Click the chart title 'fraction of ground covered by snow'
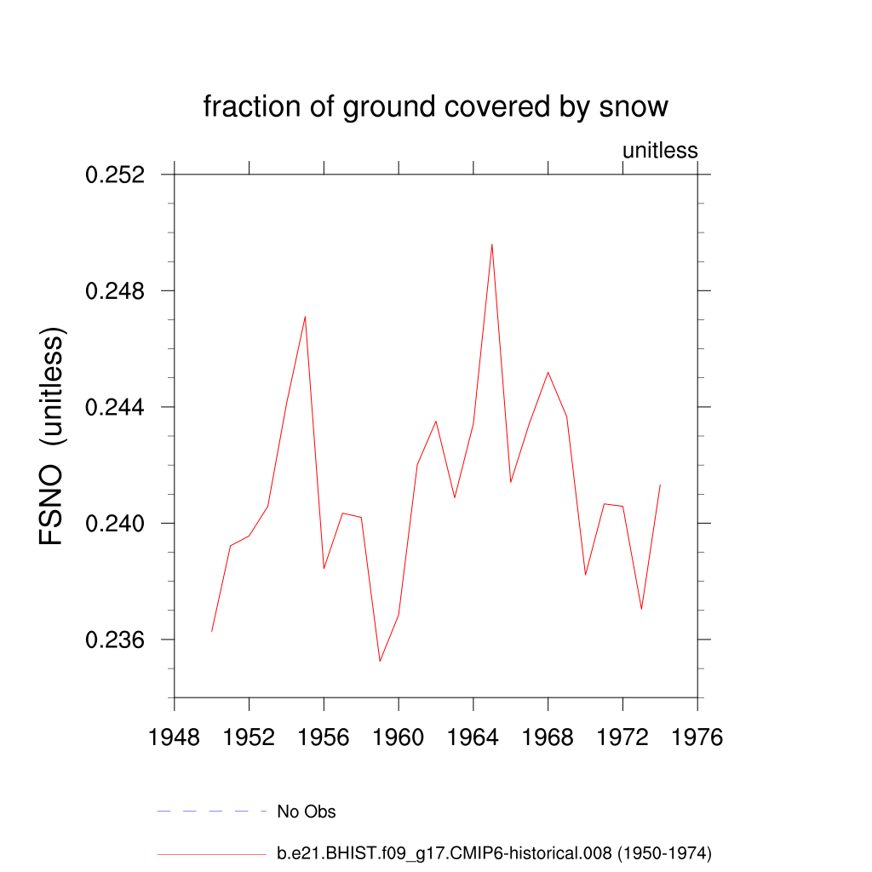tap(435, 107)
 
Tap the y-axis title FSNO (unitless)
tap(52, 437)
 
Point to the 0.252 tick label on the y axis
tap(115, 175)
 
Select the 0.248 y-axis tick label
tap(115, 291)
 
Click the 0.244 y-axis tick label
tap(115, 407)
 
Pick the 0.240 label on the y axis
tap(115, 524)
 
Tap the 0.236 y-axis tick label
tap(115, 640)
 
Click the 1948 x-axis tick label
tap(175, 737)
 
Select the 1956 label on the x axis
tap(324, 737)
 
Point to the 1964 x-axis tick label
tap(473, 737)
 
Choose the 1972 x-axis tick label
tap(622, 737)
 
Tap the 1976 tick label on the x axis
tap(697, 737)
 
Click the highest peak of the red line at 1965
tap(491, 244)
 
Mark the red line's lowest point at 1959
tap(380, 661)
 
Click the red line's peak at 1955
tap(305, 317)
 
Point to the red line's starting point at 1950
tap(212, 630)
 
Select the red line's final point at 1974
tap(660, 485)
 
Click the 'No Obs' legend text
tap(307, 812)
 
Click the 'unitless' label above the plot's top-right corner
tap(660, 151)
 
